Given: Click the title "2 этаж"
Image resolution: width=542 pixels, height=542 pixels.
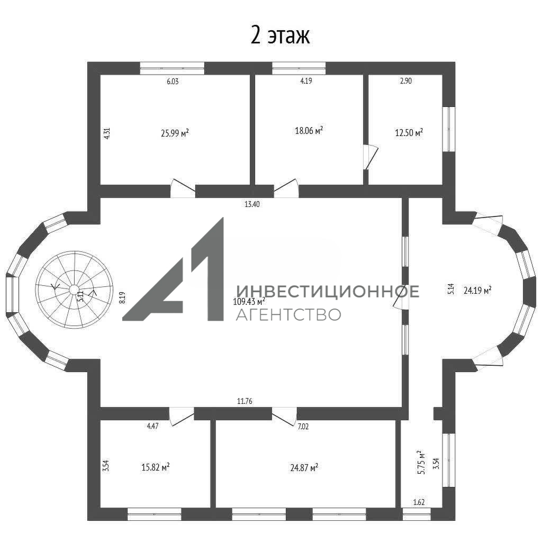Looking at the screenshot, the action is (280, 35).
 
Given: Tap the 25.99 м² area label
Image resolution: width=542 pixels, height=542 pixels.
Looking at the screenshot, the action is (175, 133).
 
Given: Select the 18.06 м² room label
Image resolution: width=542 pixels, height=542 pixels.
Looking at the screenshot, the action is (309, 130).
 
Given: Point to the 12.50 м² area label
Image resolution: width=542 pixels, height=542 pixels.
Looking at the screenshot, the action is (409, 132).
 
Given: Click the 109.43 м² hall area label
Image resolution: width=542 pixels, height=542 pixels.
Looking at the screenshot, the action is (249, 301).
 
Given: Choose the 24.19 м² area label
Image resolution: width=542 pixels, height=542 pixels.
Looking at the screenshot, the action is (477, 291).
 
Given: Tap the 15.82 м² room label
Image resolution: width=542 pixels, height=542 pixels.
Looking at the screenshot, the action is (155, 467).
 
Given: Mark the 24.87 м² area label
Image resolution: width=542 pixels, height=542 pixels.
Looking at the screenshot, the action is (304, 468).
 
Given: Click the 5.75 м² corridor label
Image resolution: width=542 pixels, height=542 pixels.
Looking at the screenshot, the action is (421, 462).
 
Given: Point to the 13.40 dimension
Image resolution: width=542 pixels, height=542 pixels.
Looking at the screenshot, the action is (252, 204).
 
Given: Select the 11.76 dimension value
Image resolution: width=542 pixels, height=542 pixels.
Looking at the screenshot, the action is (245, 401).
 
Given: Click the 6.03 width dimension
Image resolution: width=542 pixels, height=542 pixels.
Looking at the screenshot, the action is (173, 81).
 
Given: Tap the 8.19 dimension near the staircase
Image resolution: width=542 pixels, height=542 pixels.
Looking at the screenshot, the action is (122, 297).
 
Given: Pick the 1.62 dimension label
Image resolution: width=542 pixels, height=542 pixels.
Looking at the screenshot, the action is (419, 502).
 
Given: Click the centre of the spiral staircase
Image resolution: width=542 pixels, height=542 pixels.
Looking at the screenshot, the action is (74, 290).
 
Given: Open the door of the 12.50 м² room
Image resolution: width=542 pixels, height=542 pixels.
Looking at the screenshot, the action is (371, 157).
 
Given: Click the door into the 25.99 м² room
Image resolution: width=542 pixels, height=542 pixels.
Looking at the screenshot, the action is (183, 188).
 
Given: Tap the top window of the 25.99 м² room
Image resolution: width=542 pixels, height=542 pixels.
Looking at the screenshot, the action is (172, 68).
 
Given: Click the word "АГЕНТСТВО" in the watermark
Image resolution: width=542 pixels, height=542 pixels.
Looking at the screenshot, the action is (288, 314).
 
